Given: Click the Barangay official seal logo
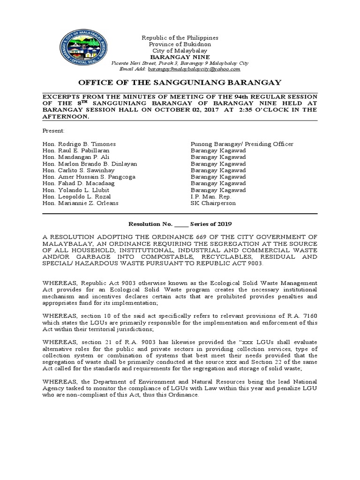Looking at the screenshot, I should [84, 49].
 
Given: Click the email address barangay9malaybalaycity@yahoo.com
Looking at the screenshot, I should [194, 69].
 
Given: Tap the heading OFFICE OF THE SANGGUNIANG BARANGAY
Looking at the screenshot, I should [180, 82].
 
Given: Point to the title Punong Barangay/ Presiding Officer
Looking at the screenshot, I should [242, 144].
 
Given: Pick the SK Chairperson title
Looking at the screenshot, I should [213, 203].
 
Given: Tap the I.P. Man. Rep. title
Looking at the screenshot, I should [211, 197].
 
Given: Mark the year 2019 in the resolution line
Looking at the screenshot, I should [224, 224].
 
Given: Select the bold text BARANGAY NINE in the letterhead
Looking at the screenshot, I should [180, 57].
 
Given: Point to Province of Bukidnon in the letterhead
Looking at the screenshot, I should [180, 44].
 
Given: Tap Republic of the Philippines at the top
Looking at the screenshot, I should [180, 37].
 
